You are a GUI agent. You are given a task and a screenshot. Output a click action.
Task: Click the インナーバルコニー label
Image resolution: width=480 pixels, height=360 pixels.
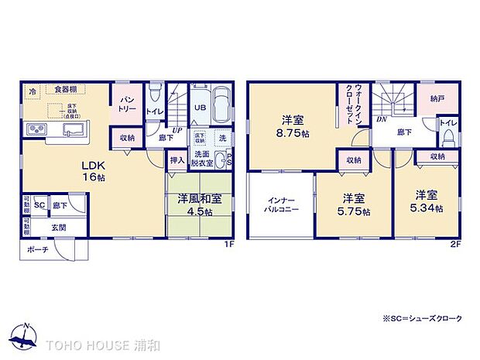[279, 204]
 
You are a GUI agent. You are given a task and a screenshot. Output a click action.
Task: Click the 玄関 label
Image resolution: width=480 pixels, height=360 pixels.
[60, 227]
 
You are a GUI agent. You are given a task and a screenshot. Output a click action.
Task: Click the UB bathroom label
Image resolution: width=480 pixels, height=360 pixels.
[199, 108]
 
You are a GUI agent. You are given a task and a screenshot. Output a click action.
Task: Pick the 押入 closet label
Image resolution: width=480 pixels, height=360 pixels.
[177, 160]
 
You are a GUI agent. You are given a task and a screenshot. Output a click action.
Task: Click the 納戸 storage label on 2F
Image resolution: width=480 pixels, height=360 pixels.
[437, 98]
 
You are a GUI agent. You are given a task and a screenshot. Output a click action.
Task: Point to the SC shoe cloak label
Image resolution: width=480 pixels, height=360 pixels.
[39, 205]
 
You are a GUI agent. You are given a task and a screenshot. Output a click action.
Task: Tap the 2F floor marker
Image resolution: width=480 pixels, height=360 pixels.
[456, 245]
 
